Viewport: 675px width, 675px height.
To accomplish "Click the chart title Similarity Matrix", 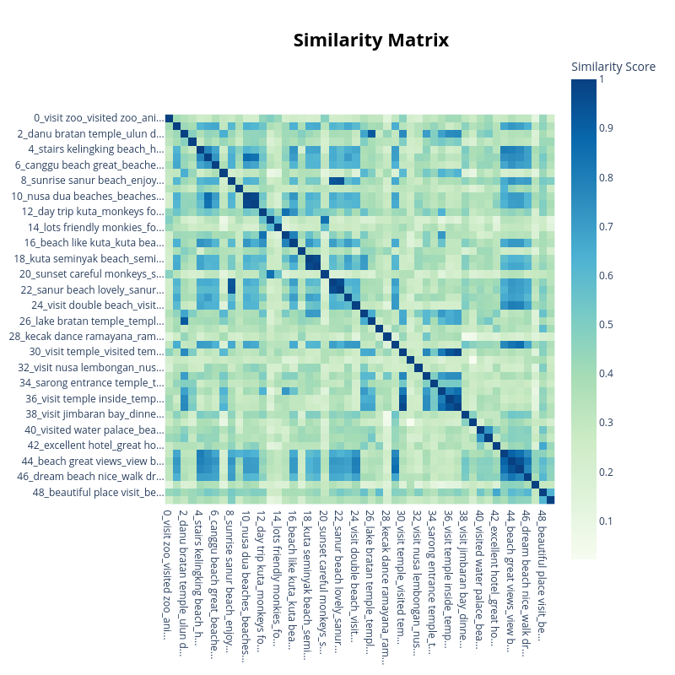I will point(371,40).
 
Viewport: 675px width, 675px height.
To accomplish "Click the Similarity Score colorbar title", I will point(613,67).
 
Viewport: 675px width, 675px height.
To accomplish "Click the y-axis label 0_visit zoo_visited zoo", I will point(97,118).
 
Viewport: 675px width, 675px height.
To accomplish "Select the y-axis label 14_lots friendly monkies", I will point(94,227).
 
